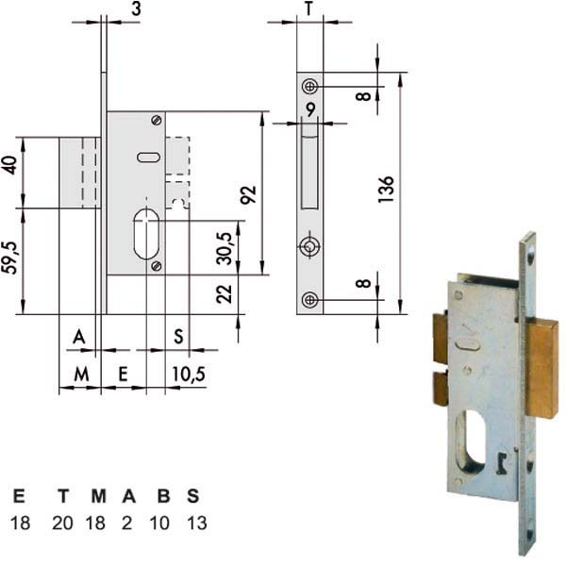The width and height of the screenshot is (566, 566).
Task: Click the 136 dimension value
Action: [x=386, y=190]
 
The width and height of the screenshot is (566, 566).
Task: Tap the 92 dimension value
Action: [x=249, y=195]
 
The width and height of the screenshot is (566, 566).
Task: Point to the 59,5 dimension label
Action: [x=11, y=258]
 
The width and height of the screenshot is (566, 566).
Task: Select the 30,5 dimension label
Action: [x=225, y=249]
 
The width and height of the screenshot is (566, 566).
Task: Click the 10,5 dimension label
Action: [x=189, y=374]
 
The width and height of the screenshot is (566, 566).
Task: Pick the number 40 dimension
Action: [x=10, y=165]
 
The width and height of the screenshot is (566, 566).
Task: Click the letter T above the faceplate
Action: [x=309, y=8]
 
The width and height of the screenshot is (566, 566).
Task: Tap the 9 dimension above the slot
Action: [x=310, y=109]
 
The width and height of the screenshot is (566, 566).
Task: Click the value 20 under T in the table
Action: [x=62, y=523]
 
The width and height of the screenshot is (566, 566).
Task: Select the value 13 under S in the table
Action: [x=197, y=523]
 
